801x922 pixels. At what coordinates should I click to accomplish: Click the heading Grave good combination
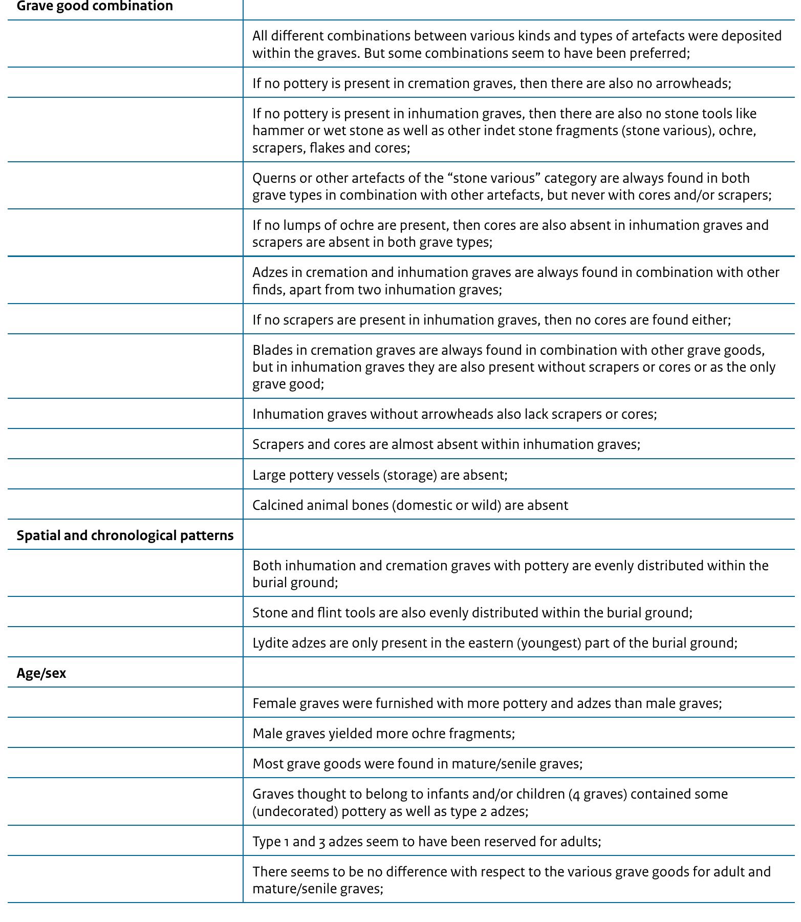click(95, 6)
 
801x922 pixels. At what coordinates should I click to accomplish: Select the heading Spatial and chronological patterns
click(125, 535)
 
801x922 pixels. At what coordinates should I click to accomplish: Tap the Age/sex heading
click(41, 673)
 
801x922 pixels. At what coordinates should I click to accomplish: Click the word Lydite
click(270, 643)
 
